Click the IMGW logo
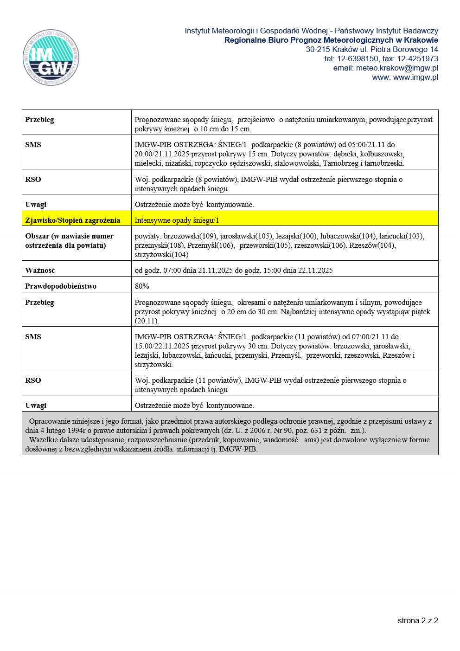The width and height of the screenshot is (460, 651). (51, 58)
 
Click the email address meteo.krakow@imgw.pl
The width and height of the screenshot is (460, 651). (397, 68)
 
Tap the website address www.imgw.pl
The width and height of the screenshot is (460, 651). (415, 77)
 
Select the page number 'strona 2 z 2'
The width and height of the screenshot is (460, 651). (417, 620)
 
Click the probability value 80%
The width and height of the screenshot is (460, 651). (142, 286)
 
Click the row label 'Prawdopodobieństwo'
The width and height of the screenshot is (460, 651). (61, 286)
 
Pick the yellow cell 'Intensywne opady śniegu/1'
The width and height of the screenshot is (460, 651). (177, 220)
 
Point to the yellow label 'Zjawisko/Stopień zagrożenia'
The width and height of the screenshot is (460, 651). (72, 220)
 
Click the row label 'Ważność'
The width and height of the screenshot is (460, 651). (40, 271)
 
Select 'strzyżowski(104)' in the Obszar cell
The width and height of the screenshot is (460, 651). (161, 255)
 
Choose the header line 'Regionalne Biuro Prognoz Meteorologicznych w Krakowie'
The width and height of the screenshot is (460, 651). (331, 40)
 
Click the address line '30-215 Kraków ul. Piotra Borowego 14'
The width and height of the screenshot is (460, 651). (371, 50)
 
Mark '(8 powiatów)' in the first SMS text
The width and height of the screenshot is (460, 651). (316, 145)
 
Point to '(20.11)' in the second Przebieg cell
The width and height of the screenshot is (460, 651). (147, 321)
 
